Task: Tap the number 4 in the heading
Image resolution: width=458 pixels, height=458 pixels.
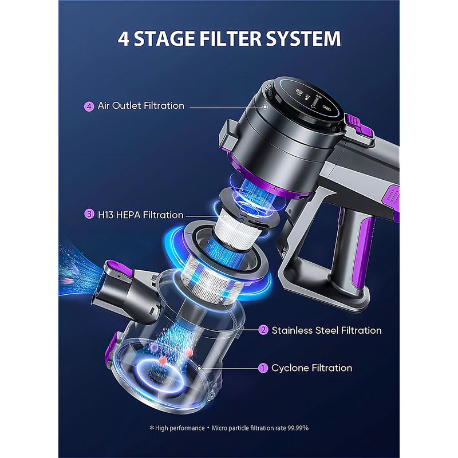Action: click(124, 38)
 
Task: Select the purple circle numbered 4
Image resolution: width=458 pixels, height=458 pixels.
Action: click(89, 106)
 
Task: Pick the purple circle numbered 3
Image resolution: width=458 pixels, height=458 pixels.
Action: click(89, 214)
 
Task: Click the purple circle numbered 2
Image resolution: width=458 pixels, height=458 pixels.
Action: click(263, 330)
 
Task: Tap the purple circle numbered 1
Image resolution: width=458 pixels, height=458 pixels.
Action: click(263, 368)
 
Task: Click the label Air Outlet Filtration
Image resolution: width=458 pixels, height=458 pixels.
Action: click(141, 105)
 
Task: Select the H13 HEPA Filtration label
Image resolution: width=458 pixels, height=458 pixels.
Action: click(140, 215)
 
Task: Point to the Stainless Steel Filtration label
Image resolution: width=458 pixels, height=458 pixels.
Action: click(326, 330)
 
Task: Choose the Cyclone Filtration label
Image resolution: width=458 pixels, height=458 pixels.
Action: click(311, 368)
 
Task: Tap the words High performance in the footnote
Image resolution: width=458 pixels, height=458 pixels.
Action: click(180, 428)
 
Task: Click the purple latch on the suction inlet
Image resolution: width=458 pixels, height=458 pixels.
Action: click(119, 269)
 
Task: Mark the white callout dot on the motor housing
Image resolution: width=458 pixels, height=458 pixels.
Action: click(265, 107)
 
